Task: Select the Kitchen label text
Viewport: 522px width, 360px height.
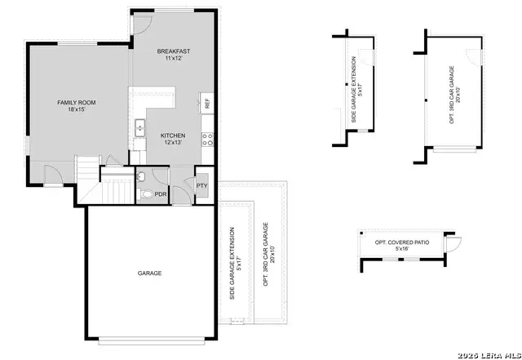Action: coord(172,136)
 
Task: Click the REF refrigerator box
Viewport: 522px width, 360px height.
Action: coord(207,104)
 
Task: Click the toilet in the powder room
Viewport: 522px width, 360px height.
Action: coord(144,193)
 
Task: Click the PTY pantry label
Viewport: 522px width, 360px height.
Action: coord(201,186)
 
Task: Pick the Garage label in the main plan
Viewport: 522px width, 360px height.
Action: coord(149,273)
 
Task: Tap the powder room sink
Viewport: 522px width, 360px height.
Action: coord(140,176)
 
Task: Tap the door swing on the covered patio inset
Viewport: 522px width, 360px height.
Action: coord(453,242)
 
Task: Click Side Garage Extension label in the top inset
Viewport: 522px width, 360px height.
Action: coord(353,90)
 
